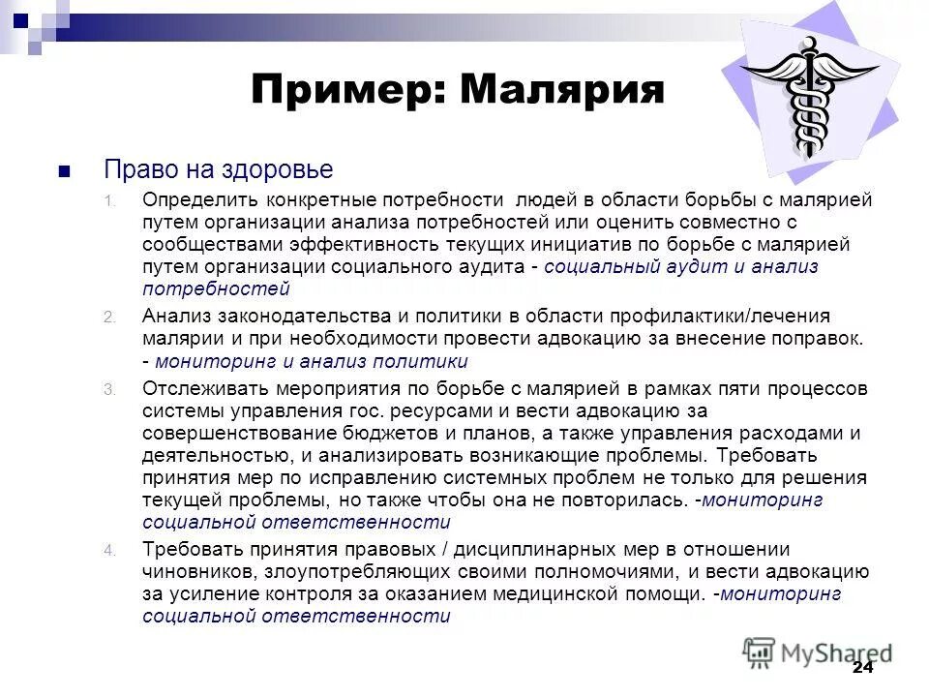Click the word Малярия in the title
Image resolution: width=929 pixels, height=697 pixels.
coord(563,90)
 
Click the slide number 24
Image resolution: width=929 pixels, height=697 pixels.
coord(862,669)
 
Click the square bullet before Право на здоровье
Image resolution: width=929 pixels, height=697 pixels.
coord(65,172)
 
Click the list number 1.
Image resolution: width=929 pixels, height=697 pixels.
coord(109,201)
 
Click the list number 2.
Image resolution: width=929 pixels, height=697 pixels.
coord(109,318)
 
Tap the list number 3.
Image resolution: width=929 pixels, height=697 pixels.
coord(109,389)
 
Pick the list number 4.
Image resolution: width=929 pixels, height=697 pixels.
coord(109,550)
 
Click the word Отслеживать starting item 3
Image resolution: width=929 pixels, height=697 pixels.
coord(205,388)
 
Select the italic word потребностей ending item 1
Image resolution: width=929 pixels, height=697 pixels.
coord(216,288)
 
